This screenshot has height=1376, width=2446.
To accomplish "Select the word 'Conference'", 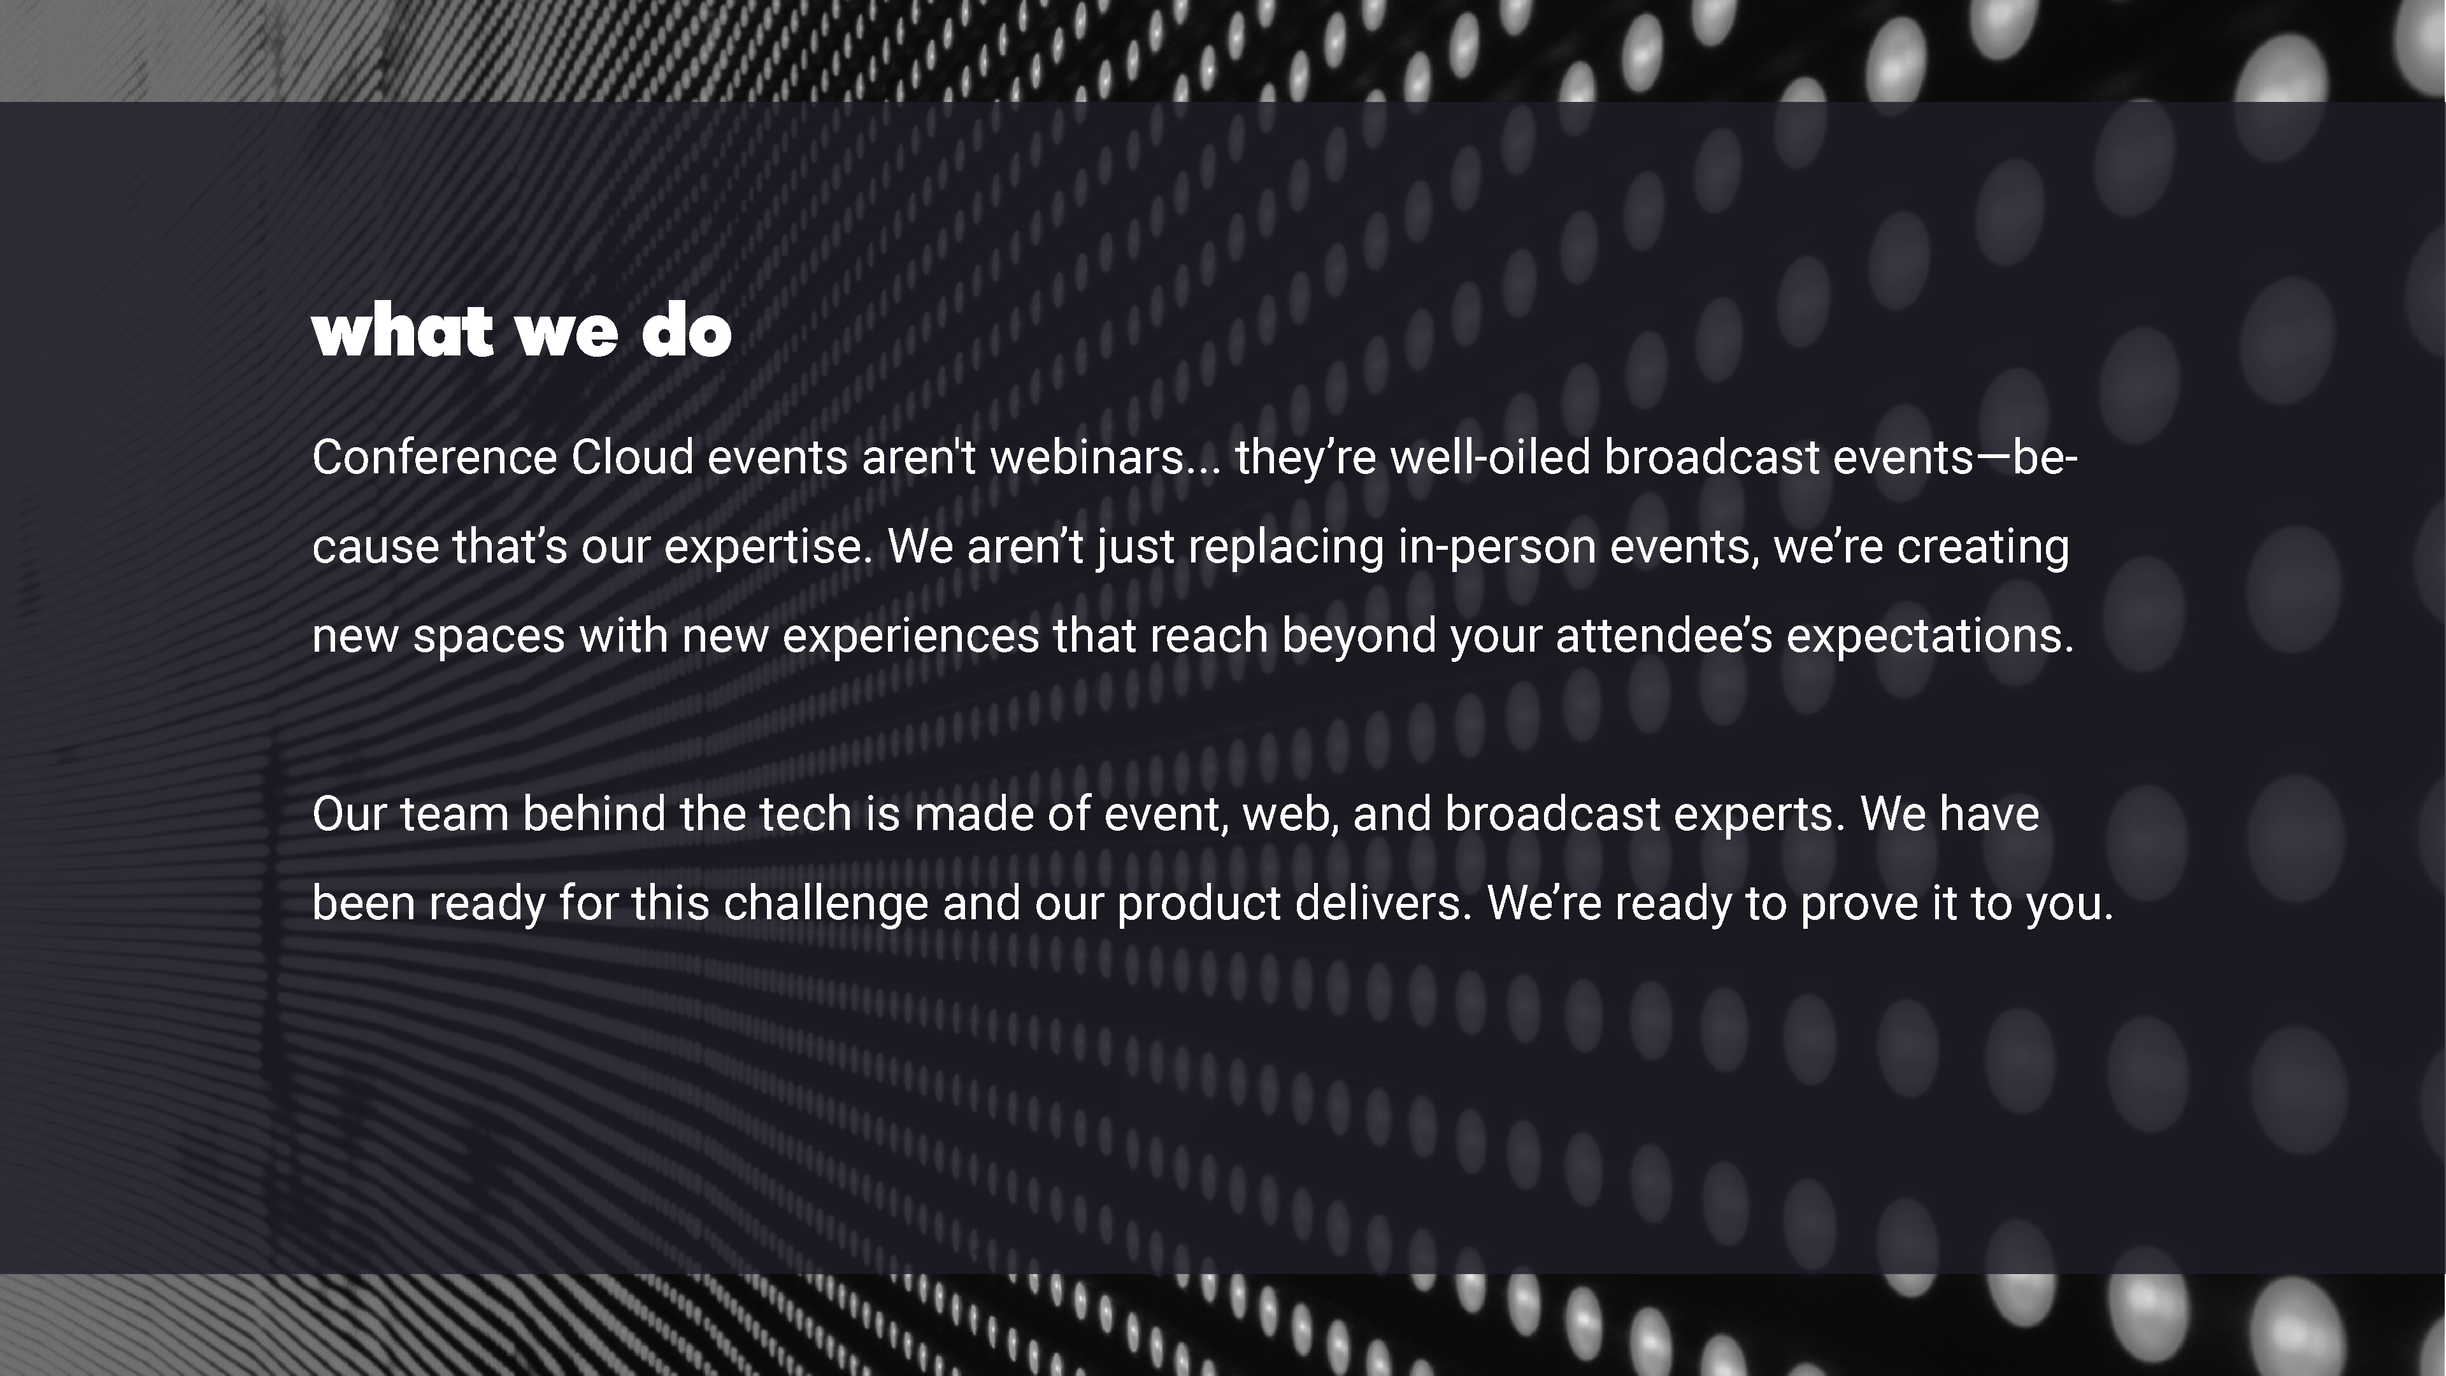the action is [434, 458].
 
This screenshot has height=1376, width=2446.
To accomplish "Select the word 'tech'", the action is [805, 815].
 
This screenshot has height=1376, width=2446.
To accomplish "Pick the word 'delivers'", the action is [1384, 904].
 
